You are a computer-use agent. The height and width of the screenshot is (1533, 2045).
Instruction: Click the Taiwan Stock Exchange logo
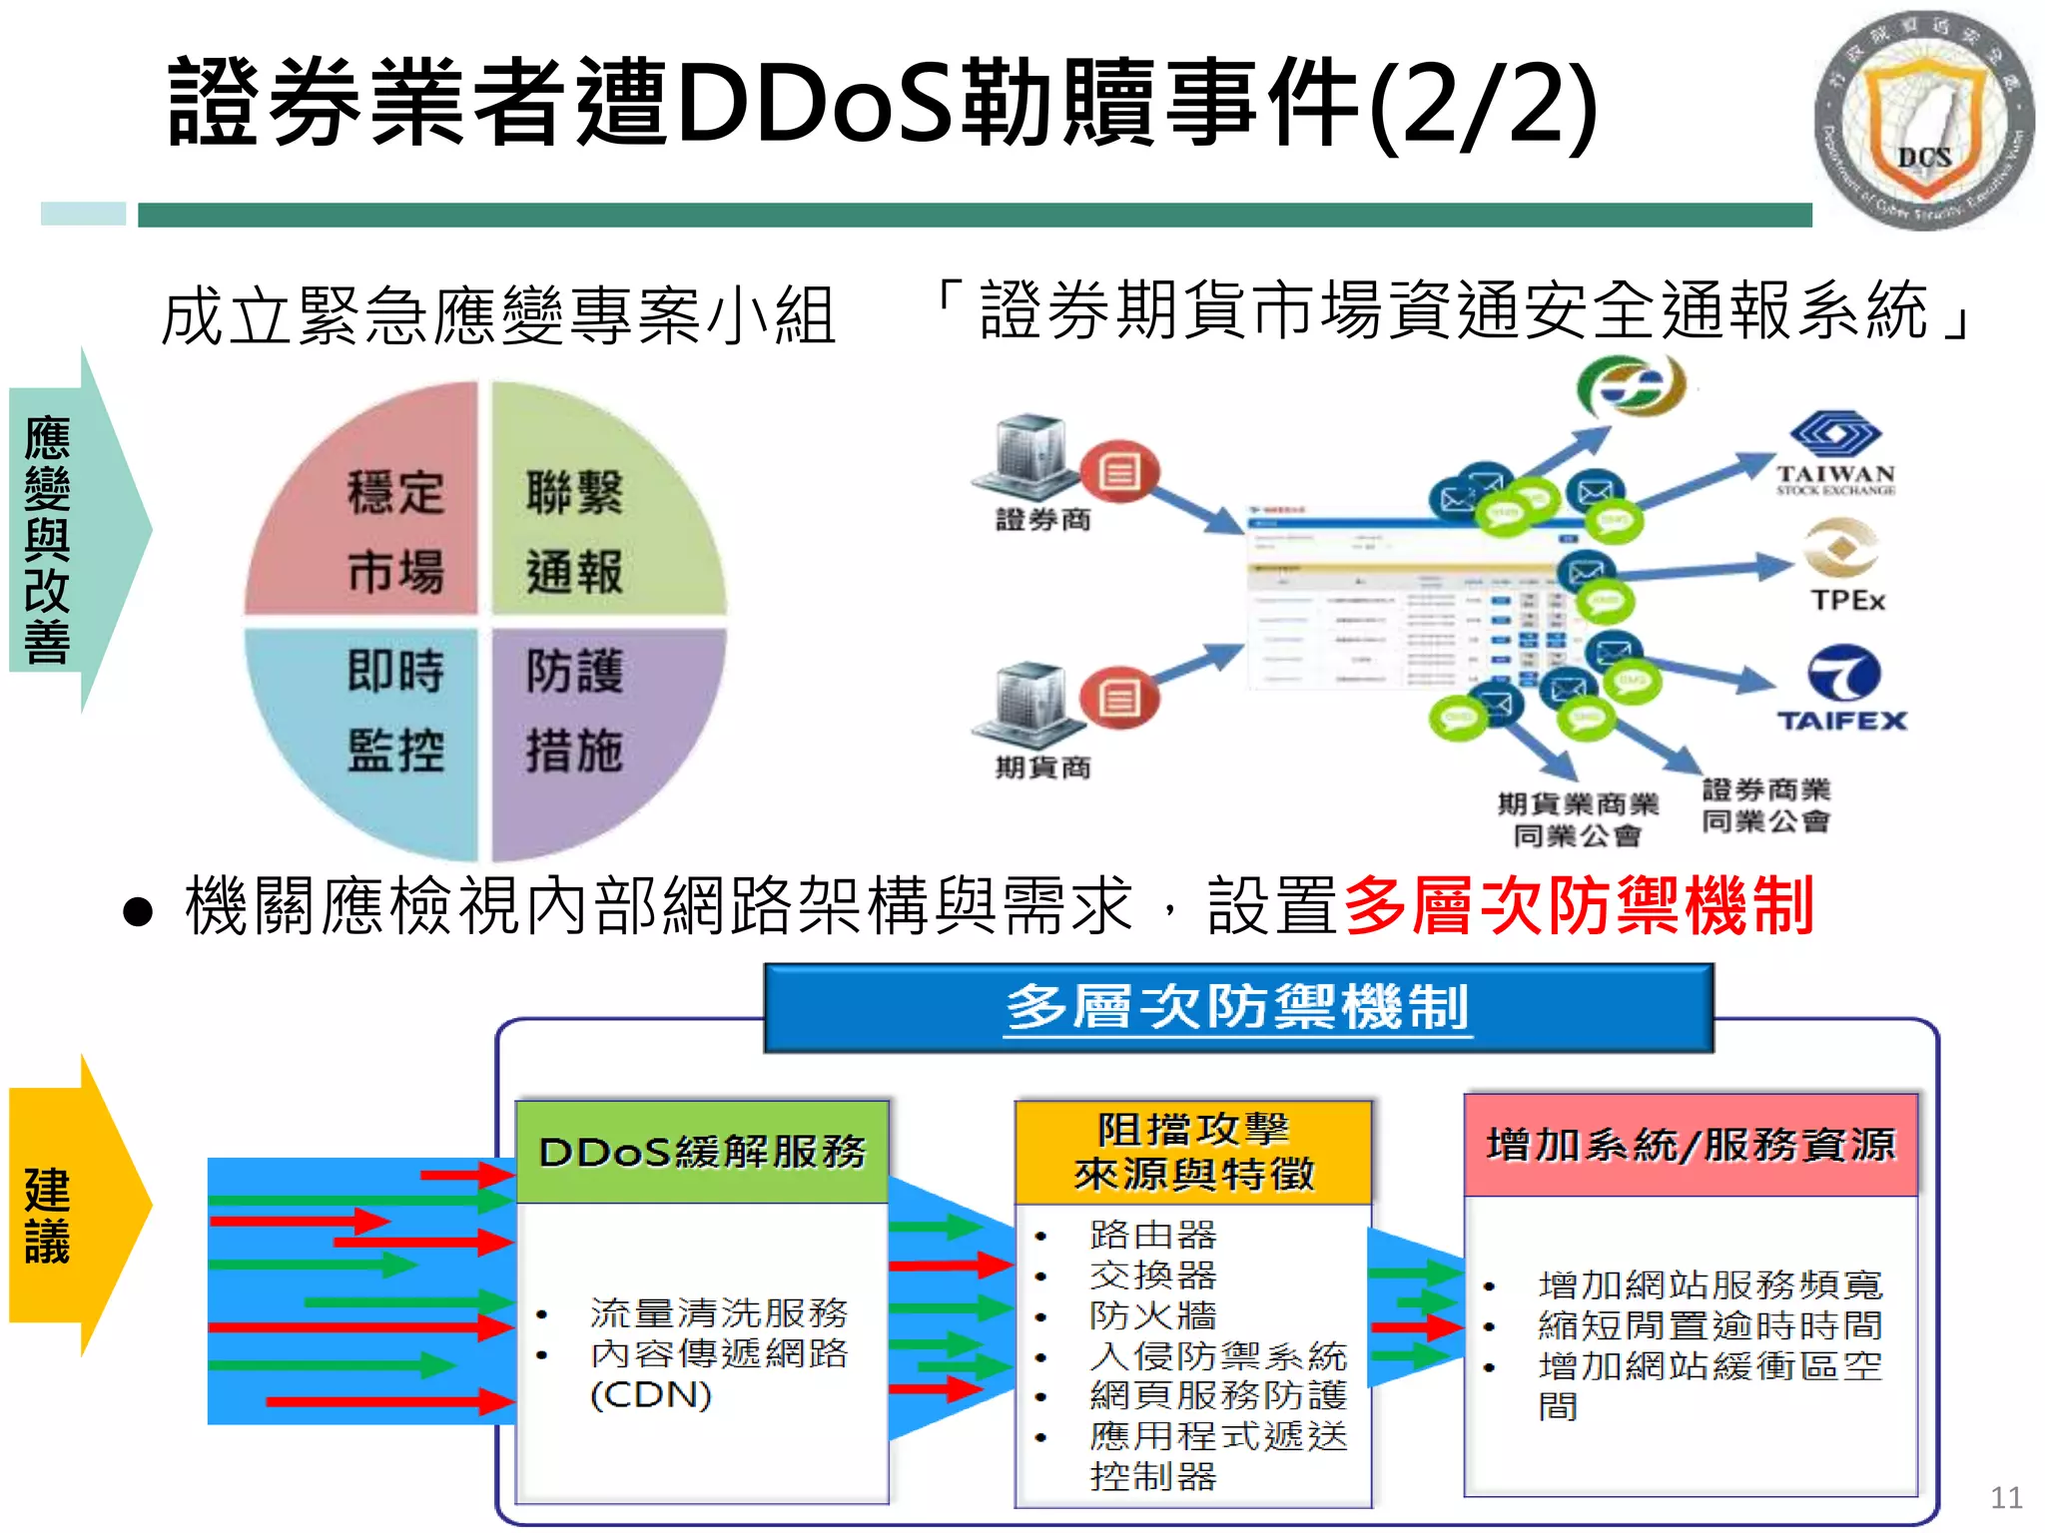(1835, 454)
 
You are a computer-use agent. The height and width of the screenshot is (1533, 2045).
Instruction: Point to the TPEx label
(1847, 600)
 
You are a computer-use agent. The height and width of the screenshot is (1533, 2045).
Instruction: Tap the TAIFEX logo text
(1841, 721)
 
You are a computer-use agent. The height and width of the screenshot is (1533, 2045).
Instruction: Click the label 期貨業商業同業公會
(1577, 819)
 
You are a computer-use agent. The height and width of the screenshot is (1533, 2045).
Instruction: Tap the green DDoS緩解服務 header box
(702, 1152)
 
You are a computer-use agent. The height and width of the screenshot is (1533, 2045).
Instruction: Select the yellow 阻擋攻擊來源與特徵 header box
(1193, 1152)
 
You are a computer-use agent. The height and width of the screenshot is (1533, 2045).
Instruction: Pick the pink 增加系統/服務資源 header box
(1690, 1145)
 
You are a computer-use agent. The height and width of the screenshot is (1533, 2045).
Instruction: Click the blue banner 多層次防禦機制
(1237, 1007)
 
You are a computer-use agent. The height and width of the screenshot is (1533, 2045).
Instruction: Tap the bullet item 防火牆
(1152, 1315)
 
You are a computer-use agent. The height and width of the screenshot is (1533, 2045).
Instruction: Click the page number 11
(2006, 1497)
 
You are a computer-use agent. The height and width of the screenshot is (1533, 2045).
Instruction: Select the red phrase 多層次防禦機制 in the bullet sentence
(1578, 906)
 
